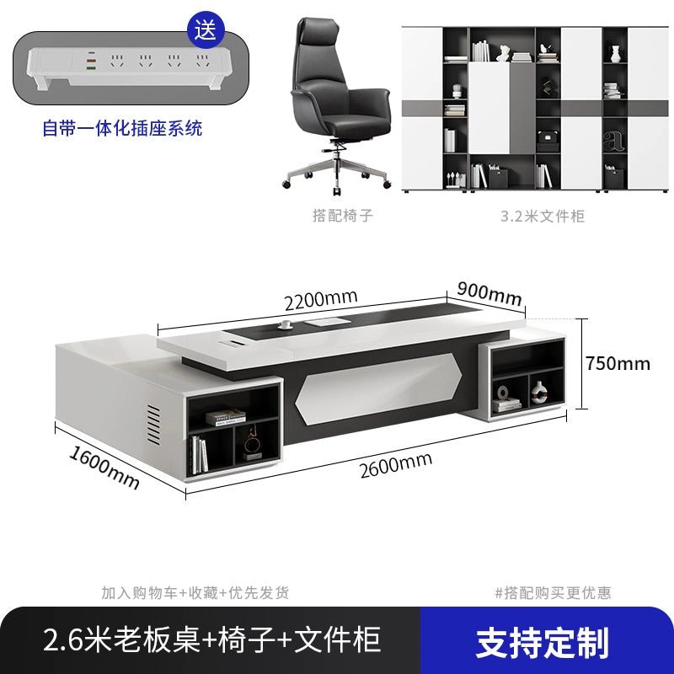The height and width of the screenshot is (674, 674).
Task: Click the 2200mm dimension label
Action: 321,299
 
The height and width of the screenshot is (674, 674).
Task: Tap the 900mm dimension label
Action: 489,292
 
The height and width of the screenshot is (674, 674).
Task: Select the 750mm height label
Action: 618,364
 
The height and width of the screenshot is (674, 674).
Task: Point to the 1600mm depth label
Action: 104,468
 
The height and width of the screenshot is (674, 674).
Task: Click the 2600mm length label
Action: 396,465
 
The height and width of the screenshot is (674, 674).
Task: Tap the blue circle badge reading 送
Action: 206,30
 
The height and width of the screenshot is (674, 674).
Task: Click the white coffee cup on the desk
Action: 285,324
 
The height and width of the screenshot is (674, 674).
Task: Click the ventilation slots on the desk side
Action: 153,425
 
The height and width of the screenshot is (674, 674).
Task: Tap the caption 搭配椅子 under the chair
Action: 343,215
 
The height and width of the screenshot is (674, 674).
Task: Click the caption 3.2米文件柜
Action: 543,216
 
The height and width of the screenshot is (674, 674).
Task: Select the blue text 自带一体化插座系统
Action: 122,128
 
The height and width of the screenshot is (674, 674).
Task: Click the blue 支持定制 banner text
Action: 543,643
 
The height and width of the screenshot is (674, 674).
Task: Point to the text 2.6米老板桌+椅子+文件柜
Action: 212,639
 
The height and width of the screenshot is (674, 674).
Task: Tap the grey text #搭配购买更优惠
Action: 553,593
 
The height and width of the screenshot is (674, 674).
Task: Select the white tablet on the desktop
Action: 324,323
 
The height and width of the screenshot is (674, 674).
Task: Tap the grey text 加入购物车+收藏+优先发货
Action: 195,593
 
